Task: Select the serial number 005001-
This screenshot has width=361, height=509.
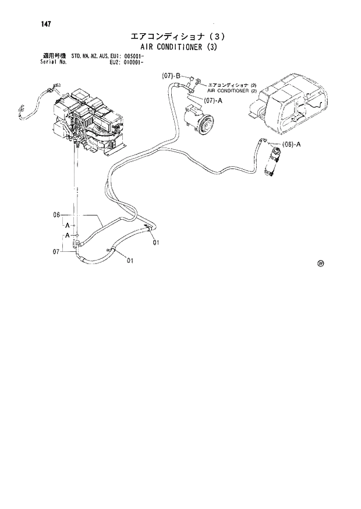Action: [x=139, y=56]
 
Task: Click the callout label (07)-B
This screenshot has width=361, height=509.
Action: [x=173, y=76]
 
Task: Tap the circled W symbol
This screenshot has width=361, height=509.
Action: [x=320, y=263]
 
